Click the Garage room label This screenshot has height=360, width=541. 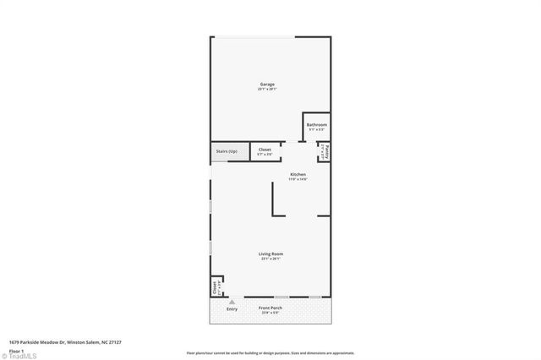267,84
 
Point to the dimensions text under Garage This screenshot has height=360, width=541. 267,89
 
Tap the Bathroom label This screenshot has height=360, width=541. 317,124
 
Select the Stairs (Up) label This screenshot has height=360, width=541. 226,151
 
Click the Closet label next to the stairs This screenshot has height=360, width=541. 265,150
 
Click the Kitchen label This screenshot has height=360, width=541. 298,174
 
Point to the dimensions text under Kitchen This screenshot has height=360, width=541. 298,179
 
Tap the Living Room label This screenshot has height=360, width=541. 270,254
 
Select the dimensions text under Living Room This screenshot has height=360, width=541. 270,259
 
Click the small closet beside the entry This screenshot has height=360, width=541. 216,287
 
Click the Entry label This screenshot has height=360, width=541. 232,308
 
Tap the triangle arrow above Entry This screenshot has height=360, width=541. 232,301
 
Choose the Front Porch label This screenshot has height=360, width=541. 270,308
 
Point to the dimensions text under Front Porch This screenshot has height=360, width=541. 270,313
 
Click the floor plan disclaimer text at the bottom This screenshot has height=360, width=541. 270,353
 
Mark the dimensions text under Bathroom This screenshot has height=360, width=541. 317,129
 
